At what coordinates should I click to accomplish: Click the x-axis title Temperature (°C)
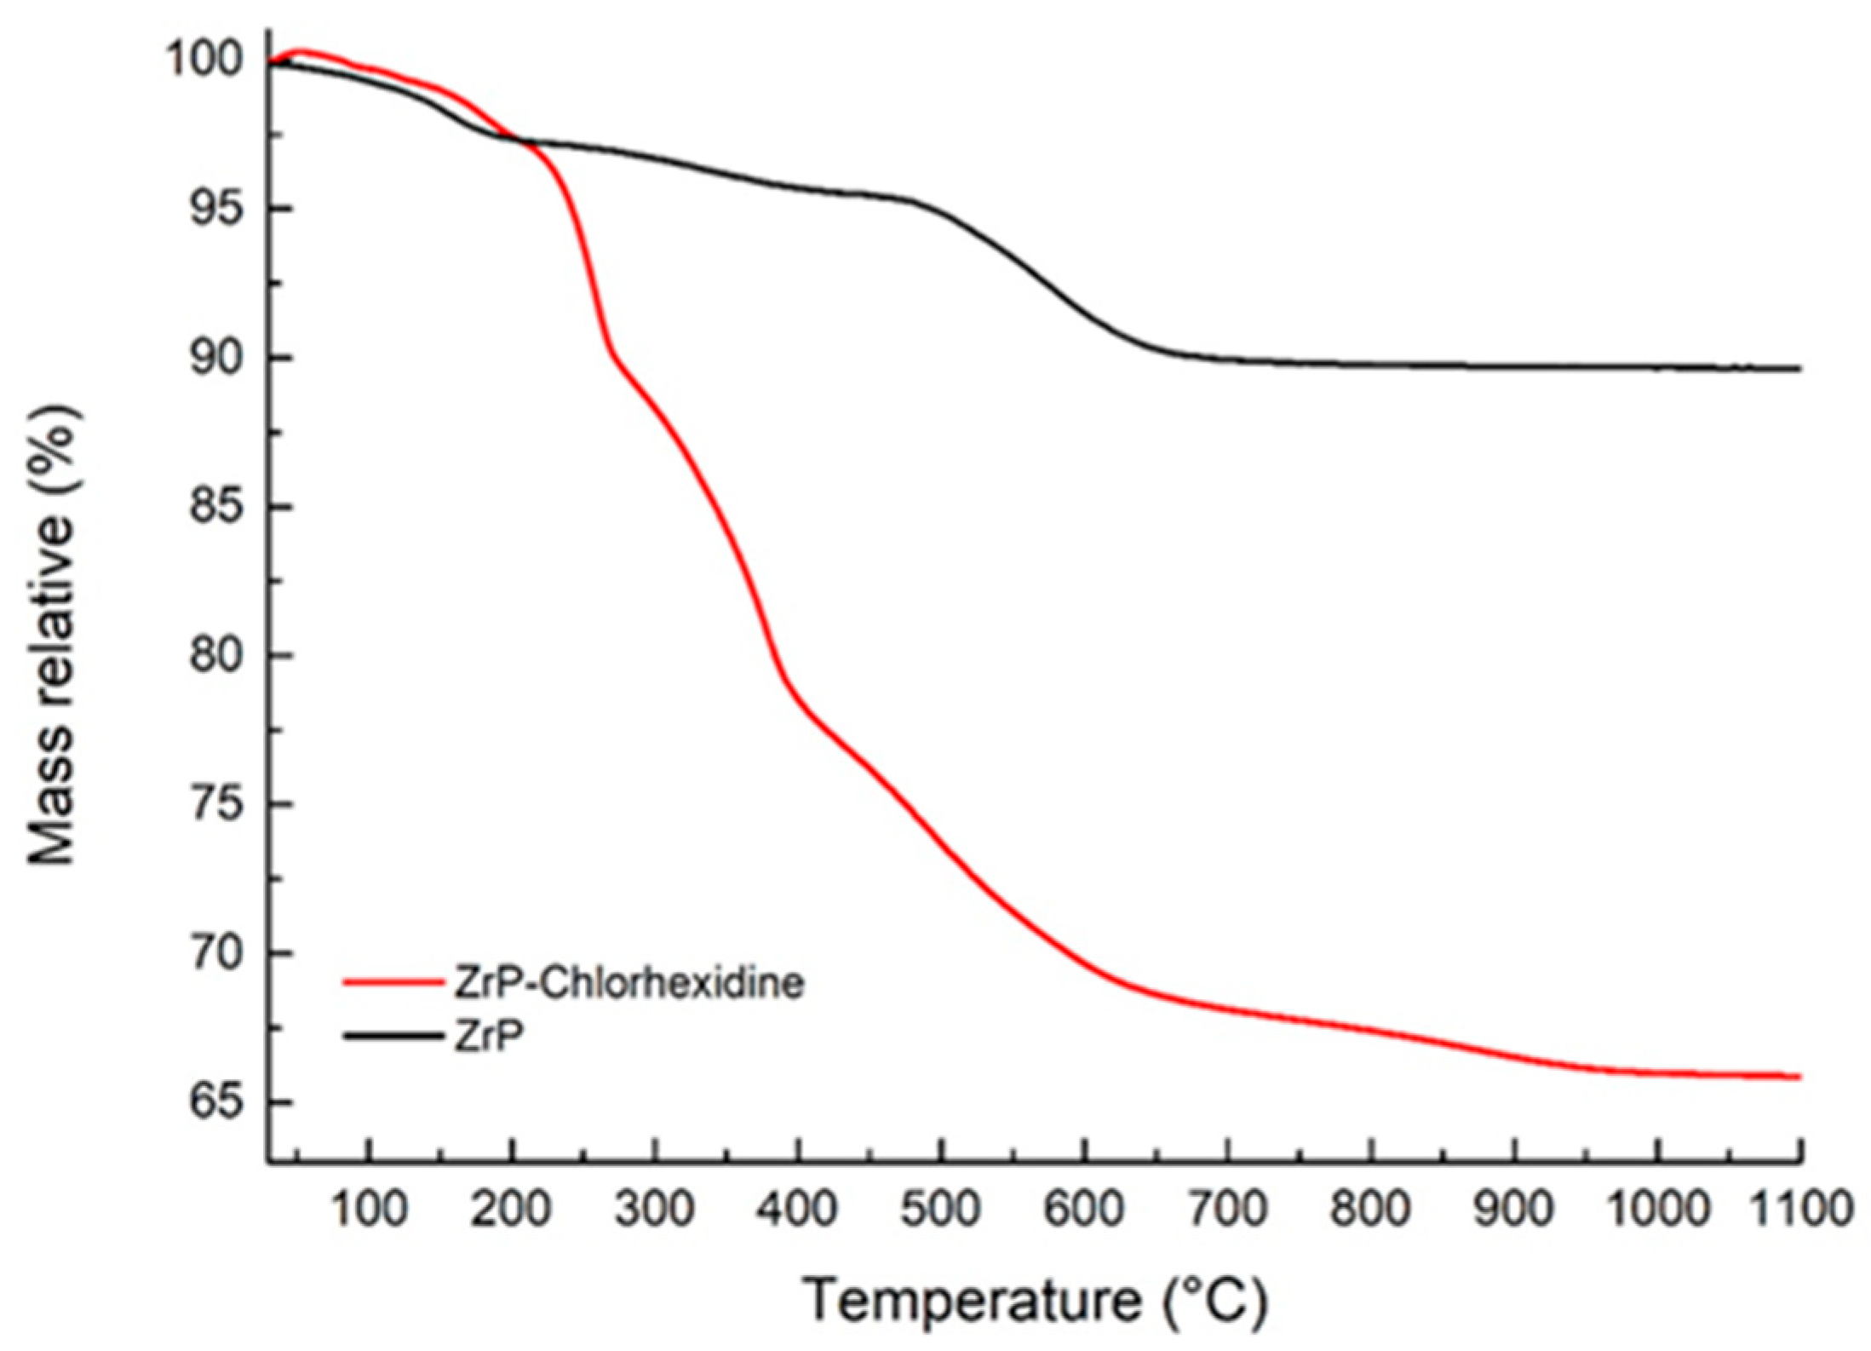pyautogui.click(x=1036, y=1301)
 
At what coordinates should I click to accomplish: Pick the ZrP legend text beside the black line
pyautogui.click(x=488, y=1037)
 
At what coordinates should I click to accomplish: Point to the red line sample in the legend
pyautogui.click(x=393, y=982)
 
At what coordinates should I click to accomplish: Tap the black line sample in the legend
pyautogui.click(x=393, y=1036)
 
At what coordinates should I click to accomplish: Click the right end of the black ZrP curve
pyautogui.click(x=1799, y=369)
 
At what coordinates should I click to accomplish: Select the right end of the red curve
pyautogui.click(x=1799, y=1077)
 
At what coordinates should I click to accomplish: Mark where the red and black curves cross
pyautogui.click(x=521, y=141)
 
